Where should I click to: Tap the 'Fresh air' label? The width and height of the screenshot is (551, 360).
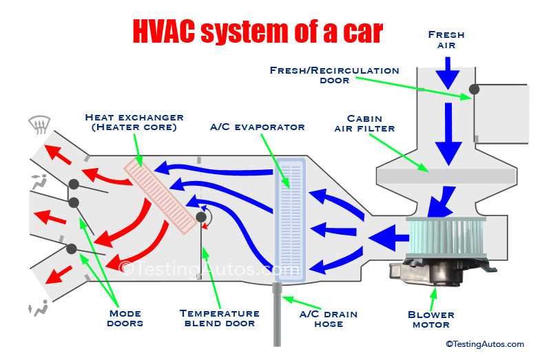tap(446, 40)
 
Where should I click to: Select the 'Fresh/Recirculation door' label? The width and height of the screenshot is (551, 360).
tap(334, 75)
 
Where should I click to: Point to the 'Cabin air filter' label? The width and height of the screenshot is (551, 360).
tap(364, 123)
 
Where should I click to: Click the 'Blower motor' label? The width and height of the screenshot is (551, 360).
tap(430, 320)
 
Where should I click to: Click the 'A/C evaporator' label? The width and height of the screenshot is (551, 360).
tap(257, 127)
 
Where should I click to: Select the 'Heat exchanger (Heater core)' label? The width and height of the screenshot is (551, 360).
tap(134, 123)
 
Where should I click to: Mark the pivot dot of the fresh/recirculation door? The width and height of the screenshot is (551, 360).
tap(474, 89)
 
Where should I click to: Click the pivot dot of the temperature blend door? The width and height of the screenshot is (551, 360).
tap(202, 218)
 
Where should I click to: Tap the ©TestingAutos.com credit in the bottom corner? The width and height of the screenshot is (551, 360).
tap(484, 344)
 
